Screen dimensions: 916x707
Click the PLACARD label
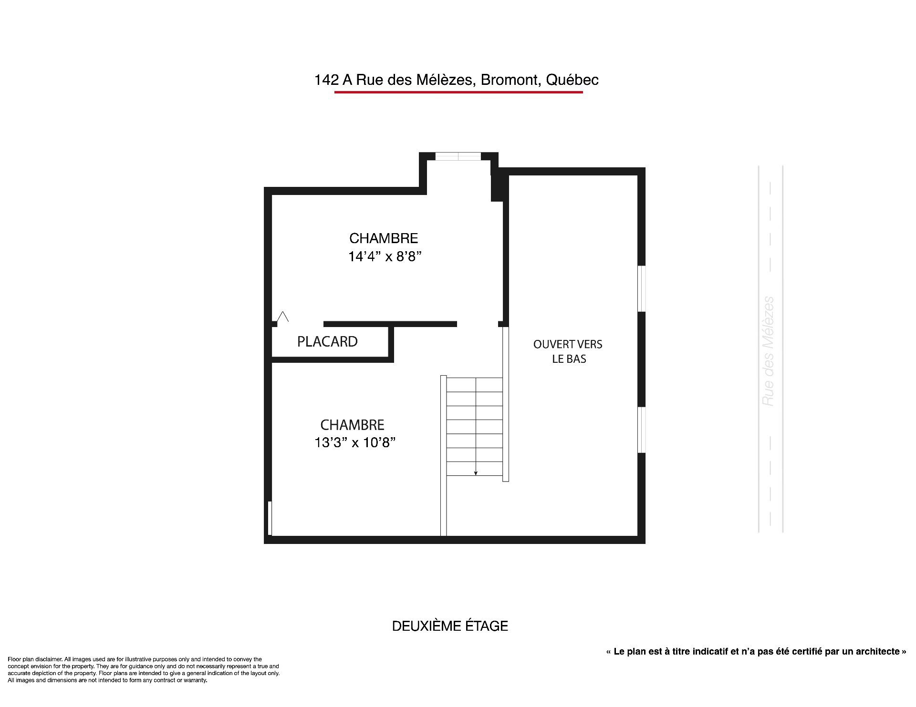pyautogui.click(x=327, y=341)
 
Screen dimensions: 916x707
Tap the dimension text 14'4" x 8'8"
pyautogui.click(x=385, y=256)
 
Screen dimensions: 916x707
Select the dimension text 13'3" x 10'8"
pyautogui.click(x=355, y=442)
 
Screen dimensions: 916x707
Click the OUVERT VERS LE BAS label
pyautogui.click(x=568, y=351)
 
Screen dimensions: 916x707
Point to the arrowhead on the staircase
pyautogui.click(x=476, y=473)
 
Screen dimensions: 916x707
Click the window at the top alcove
pyautogui.click(x=458, y=156)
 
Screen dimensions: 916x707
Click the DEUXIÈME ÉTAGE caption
pyautogui.click(x=450, y=626)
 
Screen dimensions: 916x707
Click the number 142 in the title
pyautogui.click(x=326, y=80)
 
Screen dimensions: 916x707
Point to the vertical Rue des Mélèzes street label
pyautogui.click(x=768, y=351)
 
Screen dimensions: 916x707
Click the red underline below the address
pyautogui.click(x=458, y=92)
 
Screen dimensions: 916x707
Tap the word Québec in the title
pyautogui.click(x=572, y=80)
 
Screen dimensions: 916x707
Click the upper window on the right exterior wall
pyautogui.click(x=642, y=288)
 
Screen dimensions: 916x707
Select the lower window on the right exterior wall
pyautogui.click(x=642, y=430)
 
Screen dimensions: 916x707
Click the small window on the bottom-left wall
pyautogui.click(x=270, y=518)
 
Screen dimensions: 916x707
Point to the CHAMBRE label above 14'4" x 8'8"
pyautogui.click(x=384, y=238)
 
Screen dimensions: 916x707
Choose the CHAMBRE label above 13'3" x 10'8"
pyautogui.click(x=352, y=424)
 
